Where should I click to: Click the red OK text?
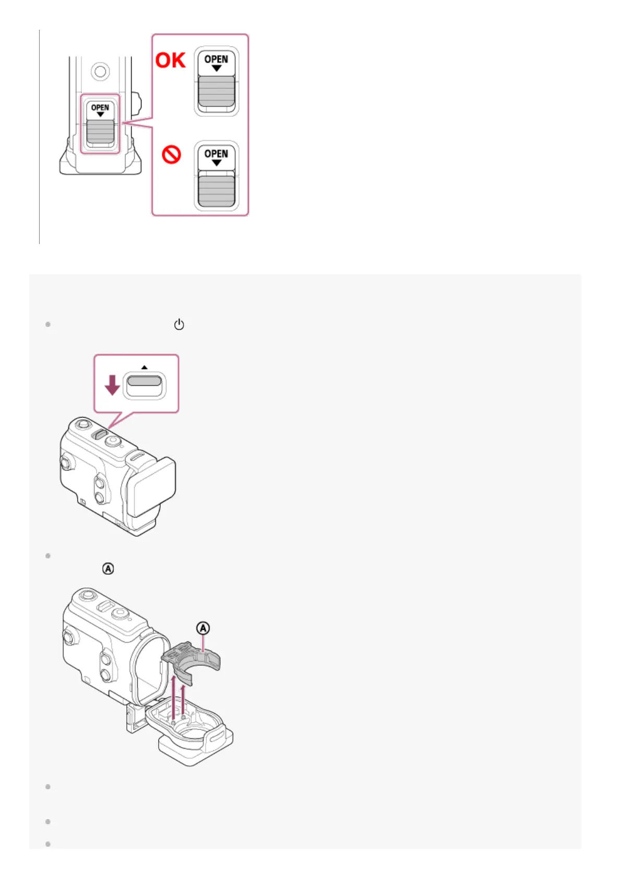[x=170, y=60]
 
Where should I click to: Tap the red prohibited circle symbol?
[x=171, y=154]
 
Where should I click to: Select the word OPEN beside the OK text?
[x=216, y=59]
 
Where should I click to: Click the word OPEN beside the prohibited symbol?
[x=216, y=153]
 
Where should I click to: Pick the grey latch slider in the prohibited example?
[x=216, y=191]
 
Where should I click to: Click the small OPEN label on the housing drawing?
[x=100, y=107]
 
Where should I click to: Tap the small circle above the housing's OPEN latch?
[x=100, y=70]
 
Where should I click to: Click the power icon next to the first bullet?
[x=179, y=324]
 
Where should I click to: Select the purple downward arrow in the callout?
[x=112, y=385]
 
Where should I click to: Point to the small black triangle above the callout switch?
[x=145, y=367]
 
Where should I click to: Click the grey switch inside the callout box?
[x=145, y=381]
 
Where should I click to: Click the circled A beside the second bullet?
[x=108, y=568]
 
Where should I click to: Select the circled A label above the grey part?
[x=203, y=628]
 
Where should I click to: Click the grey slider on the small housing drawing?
[x=100, y=131]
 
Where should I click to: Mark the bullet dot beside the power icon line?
[x=48, y=324]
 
